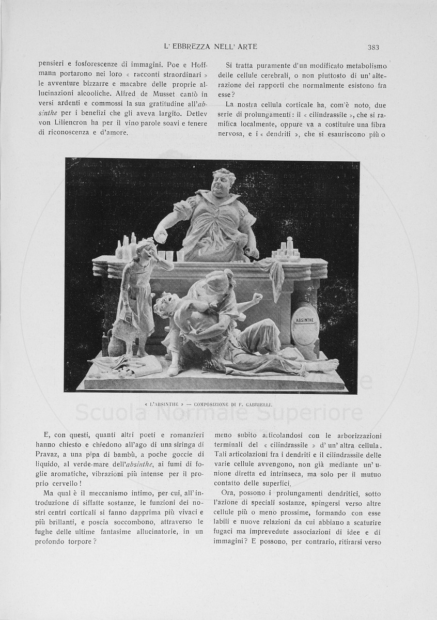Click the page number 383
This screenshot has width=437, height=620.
tap(373, 47)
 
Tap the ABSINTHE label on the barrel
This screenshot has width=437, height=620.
tap(305, 320)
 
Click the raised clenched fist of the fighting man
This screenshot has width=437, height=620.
tap(256, 298)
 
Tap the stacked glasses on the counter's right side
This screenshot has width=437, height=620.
tap(286, 249)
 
